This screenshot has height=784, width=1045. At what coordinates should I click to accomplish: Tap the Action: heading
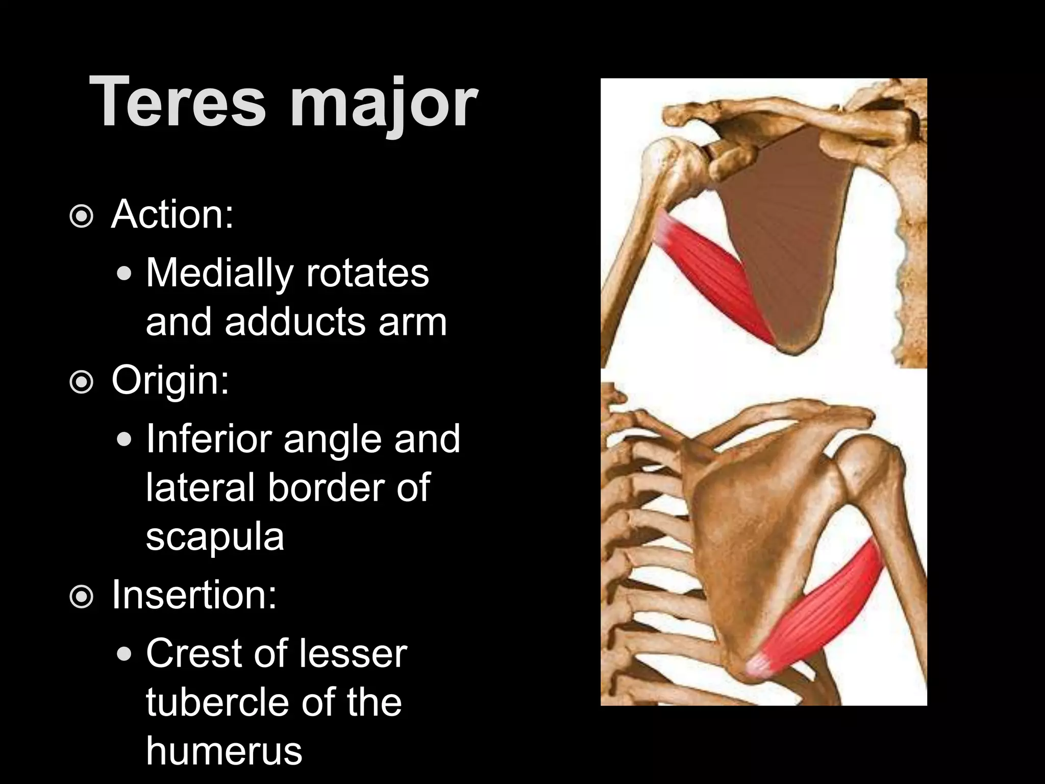pyautogui.click(x=172, y=214)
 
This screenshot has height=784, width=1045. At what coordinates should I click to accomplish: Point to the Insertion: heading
pyautogui.click(x=194, y=595)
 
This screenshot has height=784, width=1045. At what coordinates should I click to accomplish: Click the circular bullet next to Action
pyautogui.click(x=82, y=217)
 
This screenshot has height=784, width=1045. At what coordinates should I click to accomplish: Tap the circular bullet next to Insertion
pyautogui.click(x=82, y=597)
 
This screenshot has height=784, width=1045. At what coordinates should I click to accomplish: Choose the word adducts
pyautogui.click(x=295, y=322)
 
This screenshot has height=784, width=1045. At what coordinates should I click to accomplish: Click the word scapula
pyautogui.click(x=215, y=537)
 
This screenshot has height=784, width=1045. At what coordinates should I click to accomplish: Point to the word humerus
pyautogui.click(x=224, y=751)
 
